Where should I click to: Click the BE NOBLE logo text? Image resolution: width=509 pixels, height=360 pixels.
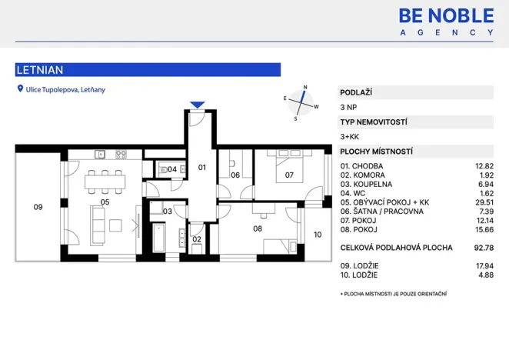click(x=447, y=15)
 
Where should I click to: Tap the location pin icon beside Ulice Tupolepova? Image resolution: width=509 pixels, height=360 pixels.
click(x=20, y=89)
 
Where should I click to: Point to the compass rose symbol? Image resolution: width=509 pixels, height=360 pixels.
click(x=301, y=103)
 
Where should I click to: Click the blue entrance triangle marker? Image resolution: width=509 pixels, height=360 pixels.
click(x=198, y=105)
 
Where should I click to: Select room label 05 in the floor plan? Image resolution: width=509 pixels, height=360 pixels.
click(x=105, y=202)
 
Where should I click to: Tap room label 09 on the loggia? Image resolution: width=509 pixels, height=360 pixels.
click(x=38, y=206)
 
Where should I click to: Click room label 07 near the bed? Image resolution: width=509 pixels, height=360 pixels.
click(x=289, y=175)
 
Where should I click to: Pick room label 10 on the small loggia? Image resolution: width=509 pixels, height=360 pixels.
click(x=318, y=235)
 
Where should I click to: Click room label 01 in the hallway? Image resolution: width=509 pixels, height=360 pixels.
click(x=203, y=167)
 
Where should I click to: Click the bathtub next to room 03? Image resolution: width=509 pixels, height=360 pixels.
click(x=159, y=237)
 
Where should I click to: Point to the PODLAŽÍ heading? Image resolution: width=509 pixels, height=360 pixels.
click(x=356, y=92)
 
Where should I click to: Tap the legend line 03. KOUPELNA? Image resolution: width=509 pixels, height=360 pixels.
click(x=366, y=184)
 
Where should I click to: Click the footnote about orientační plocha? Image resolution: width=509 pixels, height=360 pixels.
click(x=393, y=294)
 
